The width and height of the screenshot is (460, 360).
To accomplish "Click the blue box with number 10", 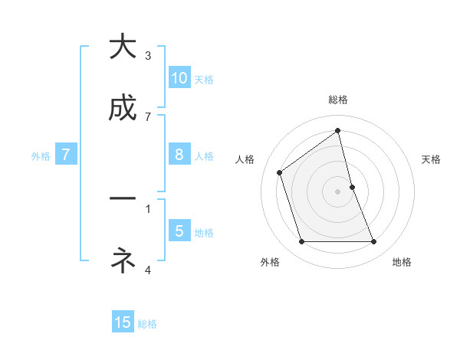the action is [x=179, y=78].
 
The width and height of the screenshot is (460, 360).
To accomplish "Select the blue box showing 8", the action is [x=179, y=155].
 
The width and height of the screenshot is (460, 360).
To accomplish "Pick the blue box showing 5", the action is [x=179, y=231].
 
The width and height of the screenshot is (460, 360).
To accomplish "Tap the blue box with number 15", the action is [x=123, y=322].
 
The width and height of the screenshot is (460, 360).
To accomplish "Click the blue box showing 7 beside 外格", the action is [x=66, y=155].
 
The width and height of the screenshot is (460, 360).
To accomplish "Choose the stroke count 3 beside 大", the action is [x=148, y=55].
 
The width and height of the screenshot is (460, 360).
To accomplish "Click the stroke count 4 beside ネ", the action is [x=148, y=270].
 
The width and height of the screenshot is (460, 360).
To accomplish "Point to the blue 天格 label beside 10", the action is [x=204, y=80].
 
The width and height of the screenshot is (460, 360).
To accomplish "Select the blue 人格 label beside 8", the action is [x=204, y=156].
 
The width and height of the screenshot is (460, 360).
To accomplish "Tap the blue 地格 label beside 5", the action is [x=204, y=233].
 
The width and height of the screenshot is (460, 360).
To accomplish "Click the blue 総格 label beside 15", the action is [x=147, y=324].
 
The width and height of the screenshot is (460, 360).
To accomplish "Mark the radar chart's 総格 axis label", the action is [x=338, y=100].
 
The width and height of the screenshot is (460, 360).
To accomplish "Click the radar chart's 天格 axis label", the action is [x=431, y=159].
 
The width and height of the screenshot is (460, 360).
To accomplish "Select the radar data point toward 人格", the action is [x=280, y=172].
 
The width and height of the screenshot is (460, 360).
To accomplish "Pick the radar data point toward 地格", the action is [x=374, y=242].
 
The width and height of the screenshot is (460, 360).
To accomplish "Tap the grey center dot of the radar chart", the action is [x=338, y=191].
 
